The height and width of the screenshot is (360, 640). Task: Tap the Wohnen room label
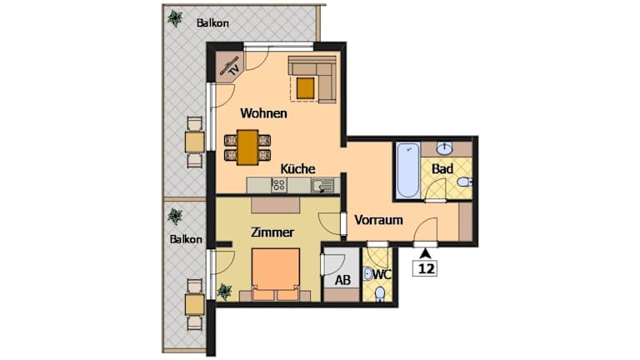(x=263, y=113)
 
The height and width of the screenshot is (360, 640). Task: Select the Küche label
(x=297, y=168)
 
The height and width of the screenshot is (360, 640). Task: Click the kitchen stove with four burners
(x=279, y=185)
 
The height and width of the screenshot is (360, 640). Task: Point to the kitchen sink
(x=322, y=186)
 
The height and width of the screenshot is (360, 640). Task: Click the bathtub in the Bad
(x=407, y=170)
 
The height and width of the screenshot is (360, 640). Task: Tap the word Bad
(x=442, y=168)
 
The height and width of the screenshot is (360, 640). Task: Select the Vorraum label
(x=378, y=220)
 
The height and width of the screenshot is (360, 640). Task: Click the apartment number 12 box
(x=425, y=268)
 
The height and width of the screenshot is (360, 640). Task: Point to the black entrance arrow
(x=426, y=253)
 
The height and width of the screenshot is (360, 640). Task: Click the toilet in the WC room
(x=380, y=294)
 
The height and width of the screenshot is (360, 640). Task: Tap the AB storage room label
(x=342, y=280)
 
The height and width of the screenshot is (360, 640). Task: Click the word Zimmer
(x=272, y=232)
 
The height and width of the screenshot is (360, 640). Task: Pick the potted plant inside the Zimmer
(x=224, y=292)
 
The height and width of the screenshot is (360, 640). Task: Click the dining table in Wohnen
(x=247, y=147)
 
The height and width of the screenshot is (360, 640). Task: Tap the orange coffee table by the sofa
(x=305, y=88)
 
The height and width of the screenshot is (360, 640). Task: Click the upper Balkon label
(x=212, y=22)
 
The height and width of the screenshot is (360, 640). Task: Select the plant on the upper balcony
(x=175, y=18)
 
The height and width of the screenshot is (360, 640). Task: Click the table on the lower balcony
(x=195, y=304)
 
